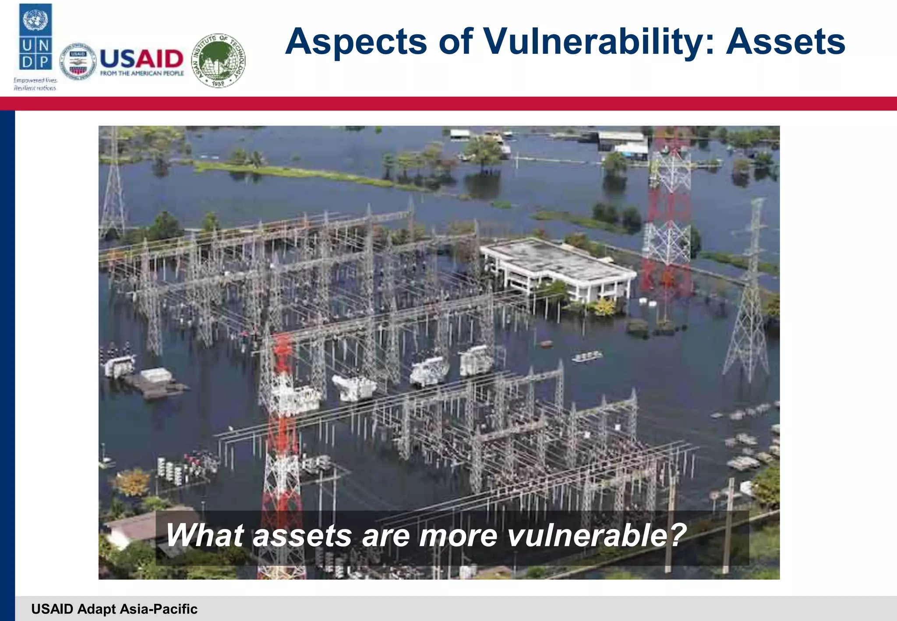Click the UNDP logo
click(x=35, y=37)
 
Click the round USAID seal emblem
click(x=78, y=62)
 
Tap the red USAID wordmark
click(x=141, y=59)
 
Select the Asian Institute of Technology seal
click(x=219, y=60)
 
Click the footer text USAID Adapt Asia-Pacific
click(x=114, y=609)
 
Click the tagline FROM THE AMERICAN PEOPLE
click(x=142, y=74)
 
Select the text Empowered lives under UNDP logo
click(x=35, y=81)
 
